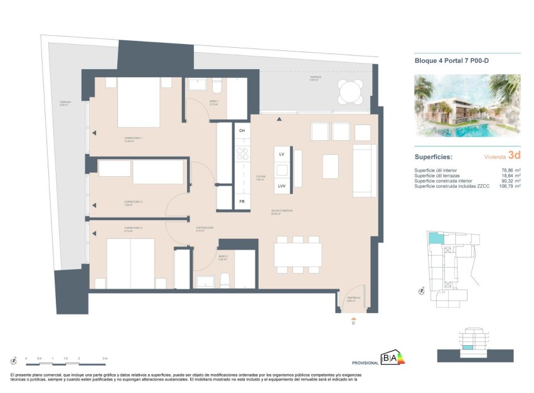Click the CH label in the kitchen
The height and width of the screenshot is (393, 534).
tap(242, 131)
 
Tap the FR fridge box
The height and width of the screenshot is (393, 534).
tap(242, 201)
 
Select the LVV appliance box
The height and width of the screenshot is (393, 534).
tap(282, 186)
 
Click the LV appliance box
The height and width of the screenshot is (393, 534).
tap(282, 154)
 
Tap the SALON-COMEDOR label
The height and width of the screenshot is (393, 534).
tap(282, 211)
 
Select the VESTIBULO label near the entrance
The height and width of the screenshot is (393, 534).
tap(353, 297)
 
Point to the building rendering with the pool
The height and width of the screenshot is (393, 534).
tap(467, 106)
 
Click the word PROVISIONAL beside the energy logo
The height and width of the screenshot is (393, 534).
tap(365, 363)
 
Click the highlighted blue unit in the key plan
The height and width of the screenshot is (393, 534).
tap(434, 238)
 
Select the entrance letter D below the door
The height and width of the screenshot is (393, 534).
tap(353, 323)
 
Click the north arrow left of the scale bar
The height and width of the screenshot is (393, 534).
tap(13, 360)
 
